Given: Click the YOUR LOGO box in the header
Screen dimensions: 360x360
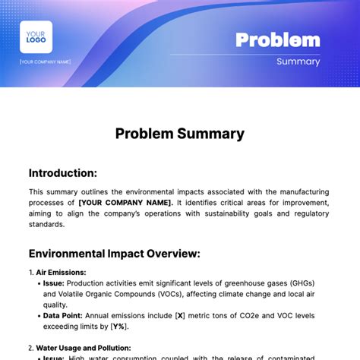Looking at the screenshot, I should point(36,37).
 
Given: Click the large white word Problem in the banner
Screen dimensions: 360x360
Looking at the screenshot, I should point(277,39).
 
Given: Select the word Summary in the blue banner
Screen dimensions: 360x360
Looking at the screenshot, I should point(298,62).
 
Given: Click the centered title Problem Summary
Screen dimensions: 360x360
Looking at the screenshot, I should point(180,134).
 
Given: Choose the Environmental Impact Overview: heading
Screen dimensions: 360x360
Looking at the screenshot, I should point(115,253).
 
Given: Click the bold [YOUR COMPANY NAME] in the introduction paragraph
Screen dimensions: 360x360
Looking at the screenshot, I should point(126,203).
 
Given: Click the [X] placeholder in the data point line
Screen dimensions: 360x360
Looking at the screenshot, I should point(181,315).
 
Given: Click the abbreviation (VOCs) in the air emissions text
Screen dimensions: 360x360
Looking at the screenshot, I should point(171,294).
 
